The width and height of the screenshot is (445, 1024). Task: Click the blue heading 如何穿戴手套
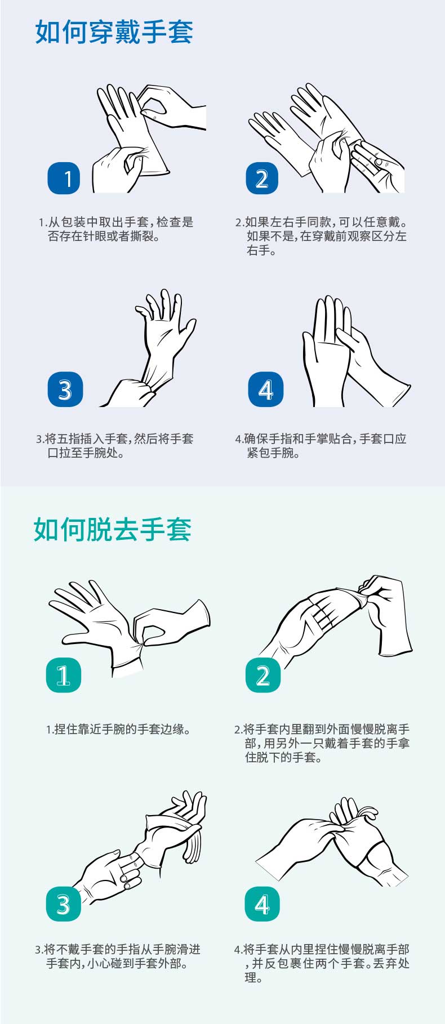(114, 32)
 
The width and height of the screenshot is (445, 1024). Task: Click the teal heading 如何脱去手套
(113, 529)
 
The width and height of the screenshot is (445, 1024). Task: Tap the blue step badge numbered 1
(64, 178)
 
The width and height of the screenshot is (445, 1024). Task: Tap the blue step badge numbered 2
(262, 178)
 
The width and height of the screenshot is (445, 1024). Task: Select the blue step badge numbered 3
(65, 389)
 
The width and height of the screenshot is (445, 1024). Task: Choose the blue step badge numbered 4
(265, 389)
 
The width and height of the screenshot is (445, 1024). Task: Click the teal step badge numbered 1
(63, 675)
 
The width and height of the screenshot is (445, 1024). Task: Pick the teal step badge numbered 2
(262, 675)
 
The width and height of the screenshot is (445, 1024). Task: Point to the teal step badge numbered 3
(64, 904)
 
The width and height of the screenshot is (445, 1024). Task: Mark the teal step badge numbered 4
(262, 904)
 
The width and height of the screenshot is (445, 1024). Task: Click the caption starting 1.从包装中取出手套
(116, 229)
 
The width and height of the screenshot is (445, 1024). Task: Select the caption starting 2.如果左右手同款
(321, 236)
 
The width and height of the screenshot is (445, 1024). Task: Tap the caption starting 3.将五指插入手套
(115, 446)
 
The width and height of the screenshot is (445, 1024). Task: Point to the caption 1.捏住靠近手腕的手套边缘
(118, 730)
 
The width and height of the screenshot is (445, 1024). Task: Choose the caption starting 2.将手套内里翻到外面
(322, 743)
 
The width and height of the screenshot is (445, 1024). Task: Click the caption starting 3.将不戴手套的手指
(118, 956)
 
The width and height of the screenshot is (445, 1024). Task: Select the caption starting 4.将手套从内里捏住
(322, 963)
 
